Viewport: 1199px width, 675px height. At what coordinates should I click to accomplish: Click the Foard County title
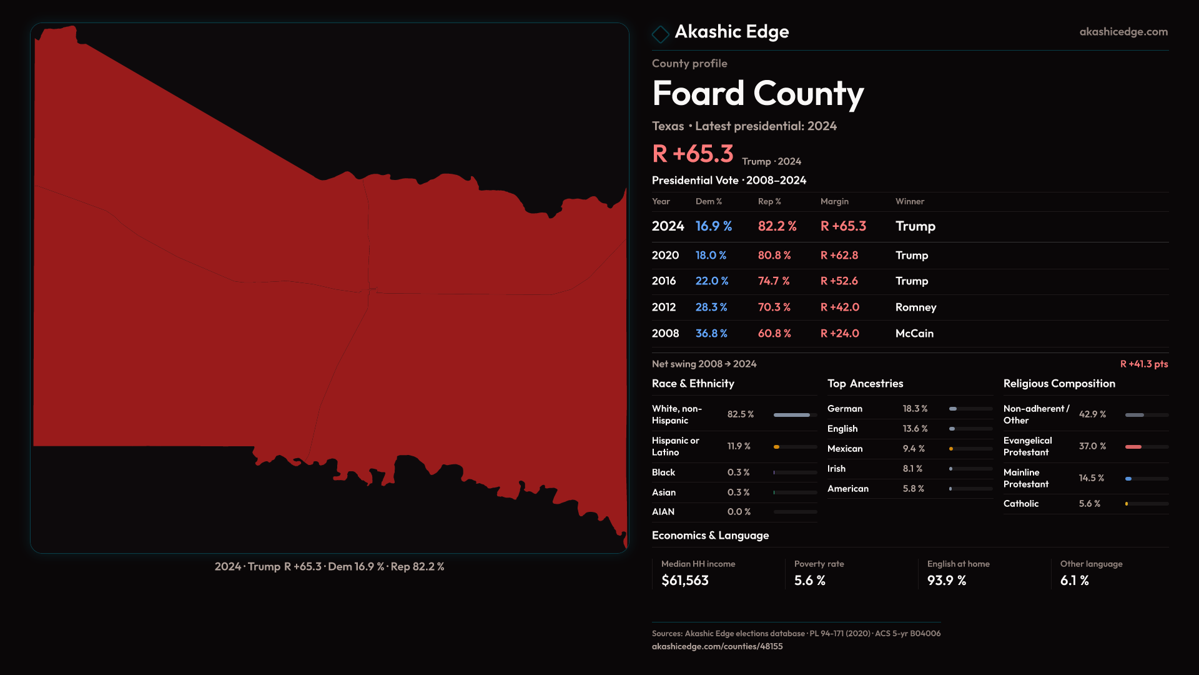point(757,94)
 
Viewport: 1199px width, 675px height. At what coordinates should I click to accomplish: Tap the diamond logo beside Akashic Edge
point(660,34)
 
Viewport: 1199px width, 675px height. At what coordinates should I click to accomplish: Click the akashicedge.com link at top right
point(1123,32)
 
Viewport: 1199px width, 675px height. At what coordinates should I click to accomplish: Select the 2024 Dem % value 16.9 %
point(713,226)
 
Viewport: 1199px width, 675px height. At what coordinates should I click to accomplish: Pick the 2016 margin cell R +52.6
point(839,281)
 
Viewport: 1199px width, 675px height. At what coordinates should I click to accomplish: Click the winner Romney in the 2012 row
point(915,307)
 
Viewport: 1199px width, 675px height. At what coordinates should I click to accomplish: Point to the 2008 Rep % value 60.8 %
point(774,334)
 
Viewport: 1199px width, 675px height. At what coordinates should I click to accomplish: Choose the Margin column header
point(834,202)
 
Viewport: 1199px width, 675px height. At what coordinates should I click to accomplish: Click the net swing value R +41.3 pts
point(1143,364)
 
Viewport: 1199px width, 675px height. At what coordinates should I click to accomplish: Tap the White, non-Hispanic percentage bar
point(794,415)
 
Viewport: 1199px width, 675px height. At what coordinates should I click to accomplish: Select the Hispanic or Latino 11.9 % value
point(739,446)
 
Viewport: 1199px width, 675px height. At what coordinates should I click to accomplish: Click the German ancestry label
point(844,409)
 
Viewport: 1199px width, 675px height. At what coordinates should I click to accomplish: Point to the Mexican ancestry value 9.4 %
point(913,449)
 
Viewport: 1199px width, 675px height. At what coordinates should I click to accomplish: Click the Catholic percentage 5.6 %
point(1089,504)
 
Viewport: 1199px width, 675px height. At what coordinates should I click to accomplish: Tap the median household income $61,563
point(684,581)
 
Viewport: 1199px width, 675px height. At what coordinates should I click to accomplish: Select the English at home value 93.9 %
point(946,581)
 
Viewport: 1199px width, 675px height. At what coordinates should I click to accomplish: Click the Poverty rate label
point(819,564)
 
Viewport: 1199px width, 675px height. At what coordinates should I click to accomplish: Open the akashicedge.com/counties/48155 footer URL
point(717,646)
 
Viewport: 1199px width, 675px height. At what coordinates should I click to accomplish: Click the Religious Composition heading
point(1058,384)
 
